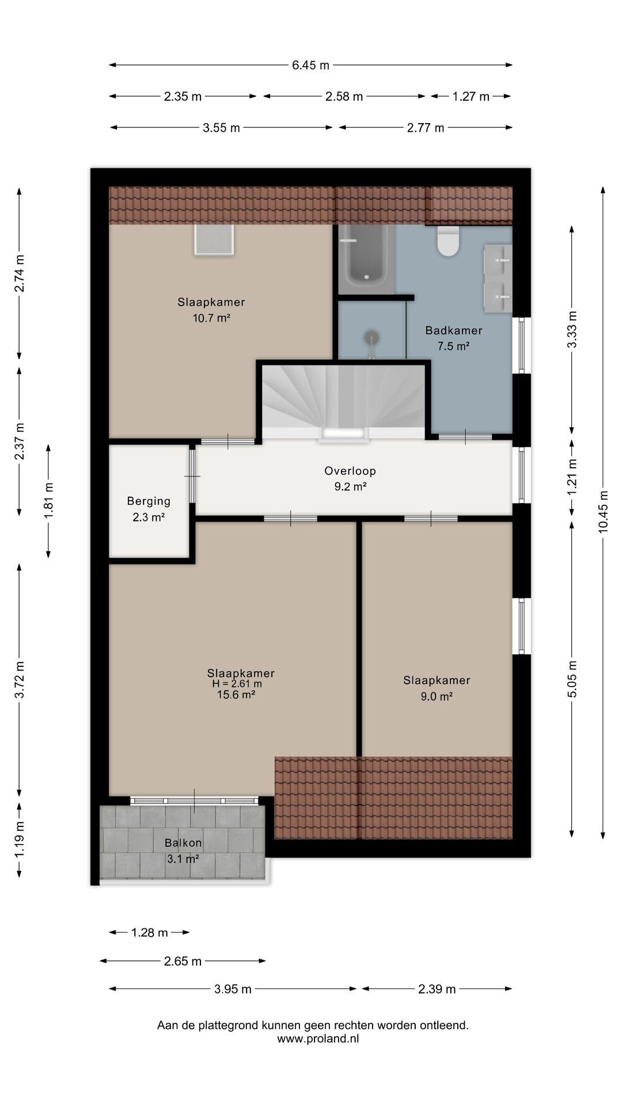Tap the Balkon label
pyautogui.click(x=183, y=843)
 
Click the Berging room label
pyautogui.click(x=149, y=501)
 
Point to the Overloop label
pyautogui.click(x=350, y=471)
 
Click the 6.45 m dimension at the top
pyautogui.click(x=310, y=65)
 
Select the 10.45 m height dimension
pyautogui.click(x=603, y=512)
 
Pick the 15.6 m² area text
pyautogui.click(x=236, y=695)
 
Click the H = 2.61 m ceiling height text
pyautogui.click(x=237, y=684)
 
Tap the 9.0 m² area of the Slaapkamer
pyautogui.click(x=437, y=696)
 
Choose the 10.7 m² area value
pyautogui.click(x=211, y=318)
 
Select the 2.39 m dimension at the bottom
pyautogui.click(x=437, y=989)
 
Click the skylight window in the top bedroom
pyautogui.click(x=214, y=239)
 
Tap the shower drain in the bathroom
pyautogui.click(x=373, y=336)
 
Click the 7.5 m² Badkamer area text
pyautogui.click(x=454, y=346)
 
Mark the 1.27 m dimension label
pyautogui.click(x=471, y=96)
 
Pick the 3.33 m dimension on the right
pyautogui.click(x=572, y=329)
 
